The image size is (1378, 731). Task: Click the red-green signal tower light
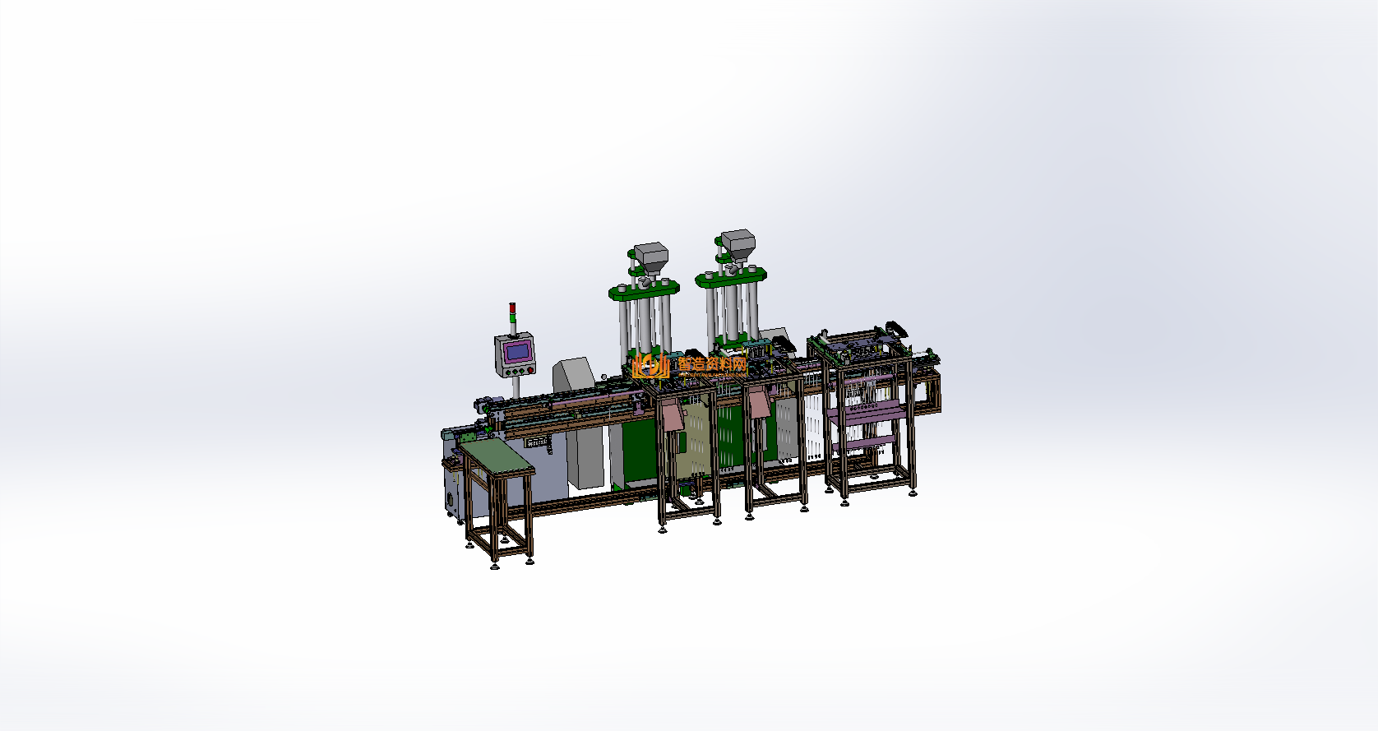pos(512,312)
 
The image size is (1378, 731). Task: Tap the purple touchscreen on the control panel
pos(517,352)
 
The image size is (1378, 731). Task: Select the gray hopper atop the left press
pos(650,256)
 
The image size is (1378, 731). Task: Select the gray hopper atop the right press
pos(738,244)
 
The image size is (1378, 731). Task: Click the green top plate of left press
pos(644,289)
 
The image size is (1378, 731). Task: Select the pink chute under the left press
pos(673,414)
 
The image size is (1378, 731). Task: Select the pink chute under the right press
pos(757,403)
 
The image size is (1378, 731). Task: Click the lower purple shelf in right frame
pos(863,445)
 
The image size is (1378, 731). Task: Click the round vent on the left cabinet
pos(451,502)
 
